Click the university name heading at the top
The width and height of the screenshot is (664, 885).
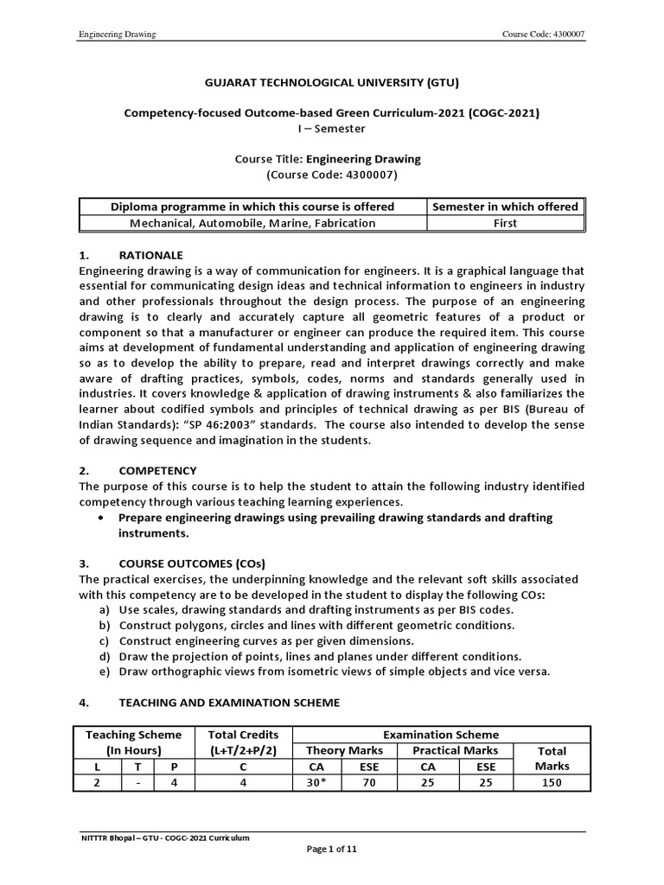click(331, 83)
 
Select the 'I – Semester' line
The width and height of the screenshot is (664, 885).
click(331, 129)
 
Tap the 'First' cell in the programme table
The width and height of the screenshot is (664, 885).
click(506, 223)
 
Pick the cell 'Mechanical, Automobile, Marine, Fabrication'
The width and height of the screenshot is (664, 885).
click(252, 223)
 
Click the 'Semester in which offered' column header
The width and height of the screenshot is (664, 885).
click(505, 207)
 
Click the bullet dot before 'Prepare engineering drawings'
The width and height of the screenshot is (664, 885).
click(103, 518)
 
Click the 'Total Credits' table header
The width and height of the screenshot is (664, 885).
click(245, 735)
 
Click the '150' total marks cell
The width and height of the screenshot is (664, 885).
click(551, 783)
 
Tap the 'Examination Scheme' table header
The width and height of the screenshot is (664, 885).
click(441, 735)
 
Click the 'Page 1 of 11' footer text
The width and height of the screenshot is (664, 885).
click(332, 850)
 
